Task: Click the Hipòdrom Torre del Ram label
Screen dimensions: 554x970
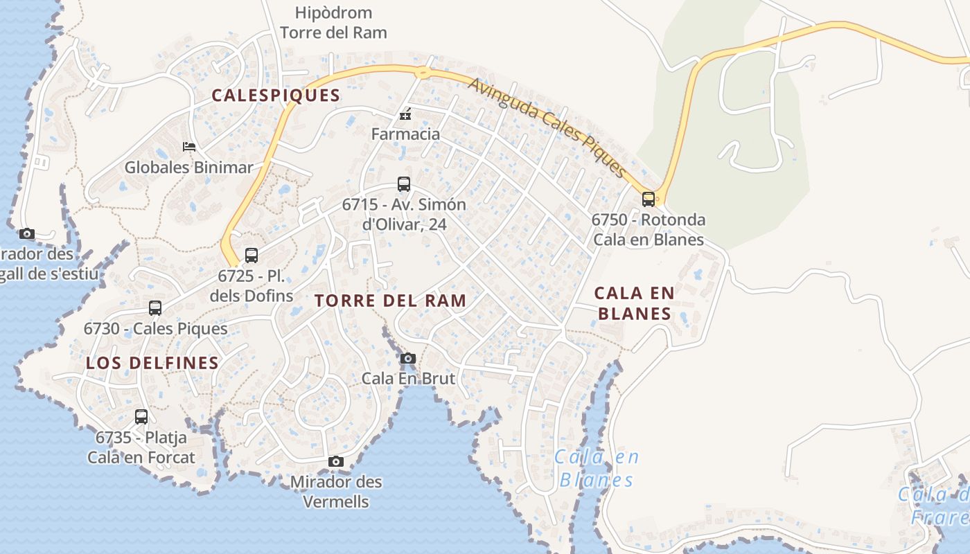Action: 333,23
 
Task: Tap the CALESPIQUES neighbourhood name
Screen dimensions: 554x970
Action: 276,96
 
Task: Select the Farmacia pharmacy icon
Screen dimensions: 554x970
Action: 405,114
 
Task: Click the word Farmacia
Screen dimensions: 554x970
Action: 405,134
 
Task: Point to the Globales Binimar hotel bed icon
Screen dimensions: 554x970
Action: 188,146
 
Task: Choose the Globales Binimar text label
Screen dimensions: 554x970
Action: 188,167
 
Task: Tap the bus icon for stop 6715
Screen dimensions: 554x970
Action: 404,184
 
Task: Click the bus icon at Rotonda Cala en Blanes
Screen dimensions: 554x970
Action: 649,199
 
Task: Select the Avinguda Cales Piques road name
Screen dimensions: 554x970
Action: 547,127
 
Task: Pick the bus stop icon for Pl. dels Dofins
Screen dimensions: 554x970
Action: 252,255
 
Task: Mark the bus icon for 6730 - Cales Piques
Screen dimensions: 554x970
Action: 155,307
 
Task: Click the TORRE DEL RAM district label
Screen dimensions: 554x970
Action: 390,301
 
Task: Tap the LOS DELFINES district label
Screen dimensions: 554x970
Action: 152,363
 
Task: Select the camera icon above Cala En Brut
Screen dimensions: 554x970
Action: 408,358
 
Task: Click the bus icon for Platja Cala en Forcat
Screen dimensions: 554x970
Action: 141,416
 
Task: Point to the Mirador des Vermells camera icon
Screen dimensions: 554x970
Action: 336,461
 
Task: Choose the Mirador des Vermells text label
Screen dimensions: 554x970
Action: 336,491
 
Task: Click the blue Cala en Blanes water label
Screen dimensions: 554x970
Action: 597,469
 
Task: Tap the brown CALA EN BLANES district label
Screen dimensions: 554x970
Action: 634,303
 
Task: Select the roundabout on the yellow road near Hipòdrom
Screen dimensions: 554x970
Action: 422,71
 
